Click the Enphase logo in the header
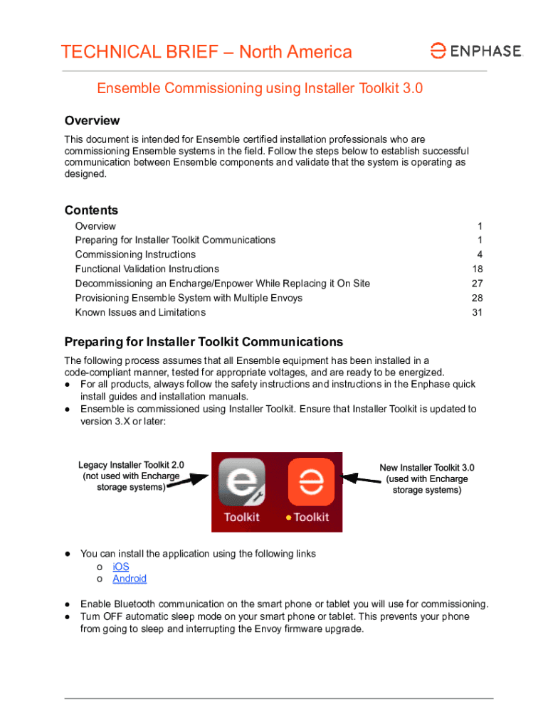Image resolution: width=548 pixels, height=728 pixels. (476, 50)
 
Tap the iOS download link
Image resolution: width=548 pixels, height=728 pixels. (121, 567)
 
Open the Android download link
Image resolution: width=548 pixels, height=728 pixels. (130, 579)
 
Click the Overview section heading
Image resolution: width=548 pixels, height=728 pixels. (92, 121)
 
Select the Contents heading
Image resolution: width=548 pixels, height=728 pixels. (91, 210)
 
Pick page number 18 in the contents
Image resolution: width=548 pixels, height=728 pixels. (477, 269)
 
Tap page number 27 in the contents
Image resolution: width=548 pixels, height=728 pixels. (477, 283)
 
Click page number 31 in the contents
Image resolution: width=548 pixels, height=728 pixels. (477, 312)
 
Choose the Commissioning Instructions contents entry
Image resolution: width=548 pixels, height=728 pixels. (135, 255)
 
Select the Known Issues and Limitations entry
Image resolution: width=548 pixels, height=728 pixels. (140, 312)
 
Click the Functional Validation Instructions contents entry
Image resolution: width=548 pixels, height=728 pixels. (147, 269)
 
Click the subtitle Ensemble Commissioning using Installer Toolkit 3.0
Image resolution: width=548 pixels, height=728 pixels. (260, 89)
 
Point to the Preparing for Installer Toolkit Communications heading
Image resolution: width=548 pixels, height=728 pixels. (204, 342)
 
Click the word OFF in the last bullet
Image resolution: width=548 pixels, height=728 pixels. (115, 616)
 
